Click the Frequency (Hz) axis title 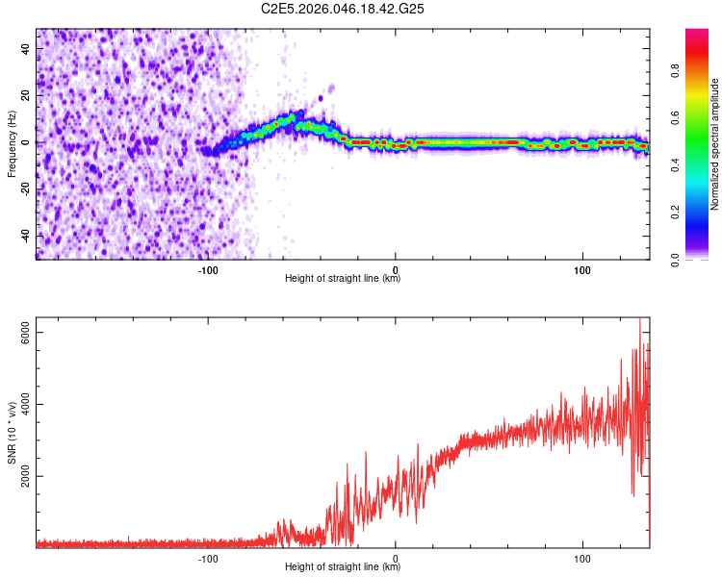tap(12, 143)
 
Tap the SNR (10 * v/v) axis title tap(12, 432)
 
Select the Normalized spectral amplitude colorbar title tap(715, 144)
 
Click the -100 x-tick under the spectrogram tap(209, 270)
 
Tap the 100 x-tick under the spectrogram tap(581, 270)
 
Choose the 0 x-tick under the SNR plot tap(396, 558)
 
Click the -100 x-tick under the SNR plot tap(209, 558)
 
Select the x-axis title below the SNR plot tap(344, 567)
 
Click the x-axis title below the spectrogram tap(344, 279)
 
